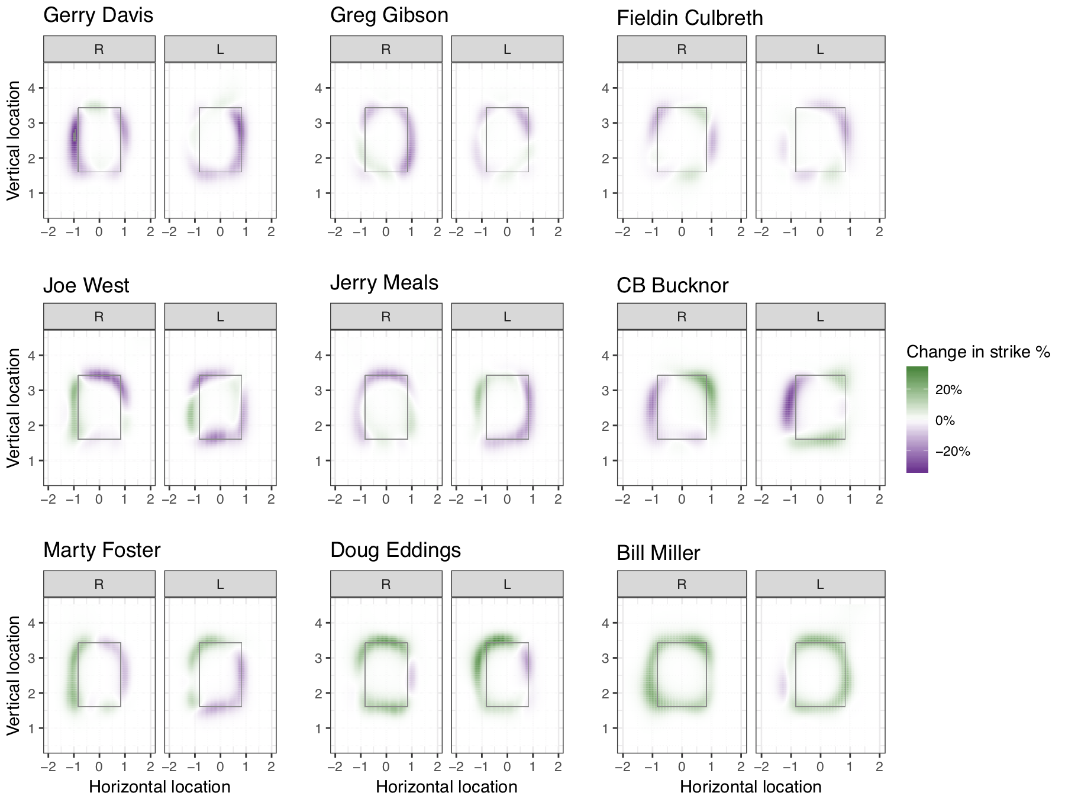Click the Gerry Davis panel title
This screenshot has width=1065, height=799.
tap(98, 15)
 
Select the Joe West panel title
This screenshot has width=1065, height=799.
tap(86, 285)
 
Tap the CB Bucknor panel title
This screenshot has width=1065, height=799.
tap(672, 285)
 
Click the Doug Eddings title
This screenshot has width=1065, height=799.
tap(395, 550)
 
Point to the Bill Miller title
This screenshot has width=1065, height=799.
tap(658, 553)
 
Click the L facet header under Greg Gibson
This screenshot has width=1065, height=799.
tap(507, 49)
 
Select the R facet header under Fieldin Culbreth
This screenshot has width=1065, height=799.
tap(682, 49)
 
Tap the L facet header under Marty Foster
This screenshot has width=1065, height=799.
tap(220, 584)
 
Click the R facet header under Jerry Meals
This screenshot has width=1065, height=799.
tap(386, 317)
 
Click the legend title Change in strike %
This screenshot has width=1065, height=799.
tap(978, 352)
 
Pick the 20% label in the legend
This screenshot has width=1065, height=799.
tap(948, 389)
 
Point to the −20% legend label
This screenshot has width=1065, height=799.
tap(953, 452)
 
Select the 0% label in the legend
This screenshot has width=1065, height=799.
tap(945, 421)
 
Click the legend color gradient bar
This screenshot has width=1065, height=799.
tap(917, 419)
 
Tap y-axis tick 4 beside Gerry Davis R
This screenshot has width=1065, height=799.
tap(32, 88)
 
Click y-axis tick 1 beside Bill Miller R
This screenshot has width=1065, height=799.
tap(605, 728)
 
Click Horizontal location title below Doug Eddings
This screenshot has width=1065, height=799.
tap(446, 787)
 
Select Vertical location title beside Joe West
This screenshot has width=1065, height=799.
tap(14, 408)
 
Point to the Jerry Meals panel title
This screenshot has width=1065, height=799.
tap(384, 283)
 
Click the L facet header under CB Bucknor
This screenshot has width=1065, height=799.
tap(820, 317)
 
